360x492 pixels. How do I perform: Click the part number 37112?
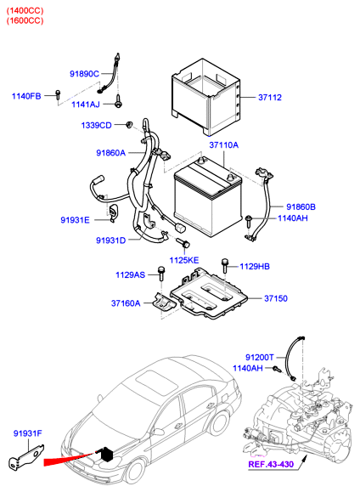[270, 97]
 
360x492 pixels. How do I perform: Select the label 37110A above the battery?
[223, 145]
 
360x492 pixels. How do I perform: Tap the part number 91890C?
[84, 74]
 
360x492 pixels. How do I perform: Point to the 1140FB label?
[26, 96]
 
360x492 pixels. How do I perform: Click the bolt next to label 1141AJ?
[118, 101]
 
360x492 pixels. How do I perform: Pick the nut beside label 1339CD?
[129, 124]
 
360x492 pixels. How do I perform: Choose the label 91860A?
[110, 153]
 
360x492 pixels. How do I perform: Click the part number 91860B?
[301, 206]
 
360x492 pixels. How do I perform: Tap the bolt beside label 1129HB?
[224, 265]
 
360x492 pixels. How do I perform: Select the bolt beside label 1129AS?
[161, 274]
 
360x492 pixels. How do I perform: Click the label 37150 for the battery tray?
[276, 298]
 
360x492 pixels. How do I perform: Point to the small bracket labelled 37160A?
[165, 302]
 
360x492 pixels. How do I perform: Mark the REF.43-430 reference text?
[271, 464]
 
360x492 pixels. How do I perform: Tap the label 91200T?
[259, 358]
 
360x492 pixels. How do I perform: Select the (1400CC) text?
[25, 11]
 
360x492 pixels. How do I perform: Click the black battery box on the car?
[106, 455]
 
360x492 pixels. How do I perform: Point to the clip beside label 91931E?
[113, 212]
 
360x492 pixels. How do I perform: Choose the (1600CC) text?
[25, 20]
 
